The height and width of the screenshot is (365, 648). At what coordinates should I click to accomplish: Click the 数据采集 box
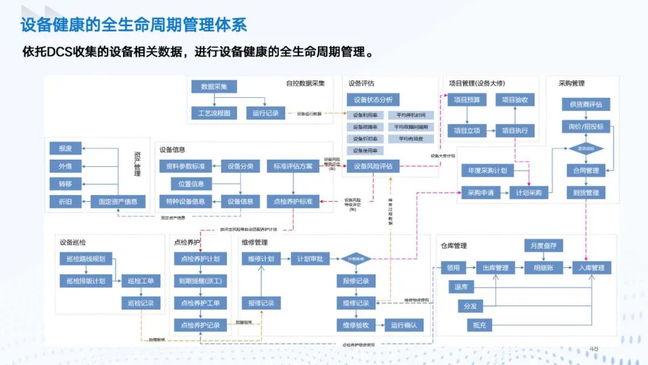214,87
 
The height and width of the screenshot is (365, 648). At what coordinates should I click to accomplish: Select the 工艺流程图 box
214,113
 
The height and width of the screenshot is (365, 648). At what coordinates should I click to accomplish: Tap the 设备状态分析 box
373,100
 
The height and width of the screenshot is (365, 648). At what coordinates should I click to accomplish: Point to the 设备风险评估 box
373,166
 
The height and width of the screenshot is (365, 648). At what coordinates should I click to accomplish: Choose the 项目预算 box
467,100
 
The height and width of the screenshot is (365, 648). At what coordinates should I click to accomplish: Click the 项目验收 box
514,100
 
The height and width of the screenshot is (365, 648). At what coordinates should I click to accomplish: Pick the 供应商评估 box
586,104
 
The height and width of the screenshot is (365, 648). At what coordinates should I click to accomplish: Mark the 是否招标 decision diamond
586,148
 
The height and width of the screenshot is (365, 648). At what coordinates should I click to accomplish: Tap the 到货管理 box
586,193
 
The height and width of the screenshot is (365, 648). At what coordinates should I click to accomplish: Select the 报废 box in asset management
65,148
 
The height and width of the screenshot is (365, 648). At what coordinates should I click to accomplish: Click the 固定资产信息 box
118,202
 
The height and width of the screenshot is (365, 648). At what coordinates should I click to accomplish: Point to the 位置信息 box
191,184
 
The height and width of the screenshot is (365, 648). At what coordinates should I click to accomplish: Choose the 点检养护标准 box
293,202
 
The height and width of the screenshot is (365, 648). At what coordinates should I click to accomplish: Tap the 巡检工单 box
140,281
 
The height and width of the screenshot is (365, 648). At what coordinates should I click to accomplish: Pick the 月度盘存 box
544,246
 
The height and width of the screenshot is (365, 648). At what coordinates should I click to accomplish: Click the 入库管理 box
592,268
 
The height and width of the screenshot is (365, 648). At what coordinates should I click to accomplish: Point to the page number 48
594,349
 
